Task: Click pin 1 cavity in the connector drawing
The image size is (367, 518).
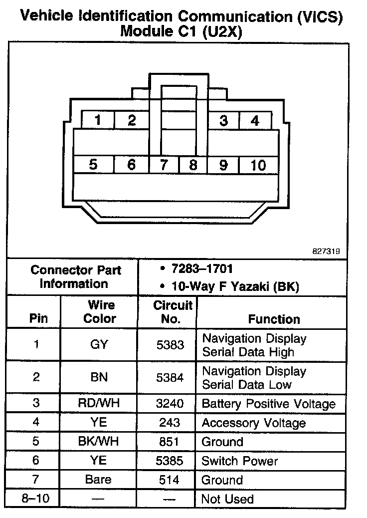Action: tap(98, 120)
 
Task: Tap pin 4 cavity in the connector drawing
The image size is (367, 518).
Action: tap(255, 121)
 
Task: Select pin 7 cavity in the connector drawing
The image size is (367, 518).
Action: tap(164, 165)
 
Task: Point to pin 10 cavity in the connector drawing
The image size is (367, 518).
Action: tap(258, 165)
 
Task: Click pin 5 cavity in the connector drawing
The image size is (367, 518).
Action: tap(93, 165)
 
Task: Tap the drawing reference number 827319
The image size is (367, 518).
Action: tap(326, 252)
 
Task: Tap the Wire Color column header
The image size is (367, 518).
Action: tap(99, 312)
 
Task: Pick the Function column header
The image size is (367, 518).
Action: tap(274, 319)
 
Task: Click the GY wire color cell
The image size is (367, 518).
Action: tap(99, 345)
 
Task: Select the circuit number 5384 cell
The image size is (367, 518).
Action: tap(170, 378)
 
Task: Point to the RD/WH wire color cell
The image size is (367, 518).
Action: tap(99, 404)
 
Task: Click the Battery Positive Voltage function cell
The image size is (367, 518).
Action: tap(268, 404)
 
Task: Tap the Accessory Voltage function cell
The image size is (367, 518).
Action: tap(253, 423)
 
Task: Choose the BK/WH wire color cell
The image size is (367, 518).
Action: tap(99, 442)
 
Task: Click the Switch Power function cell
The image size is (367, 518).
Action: tap(239, 461)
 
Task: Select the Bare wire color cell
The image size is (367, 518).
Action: tap(98, 480)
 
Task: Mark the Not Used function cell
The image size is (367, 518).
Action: tap(227, 499)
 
